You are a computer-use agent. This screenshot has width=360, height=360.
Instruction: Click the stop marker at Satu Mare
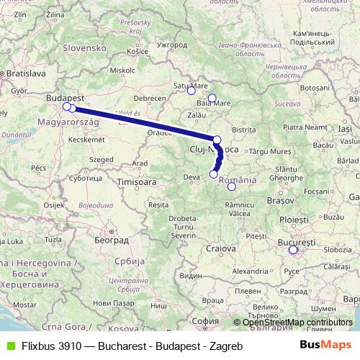point(191,91)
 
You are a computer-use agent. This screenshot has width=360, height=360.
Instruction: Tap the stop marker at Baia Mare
point(212,99)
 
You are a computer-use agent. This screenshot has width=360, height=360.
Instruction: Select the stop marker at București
point(292,251)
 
